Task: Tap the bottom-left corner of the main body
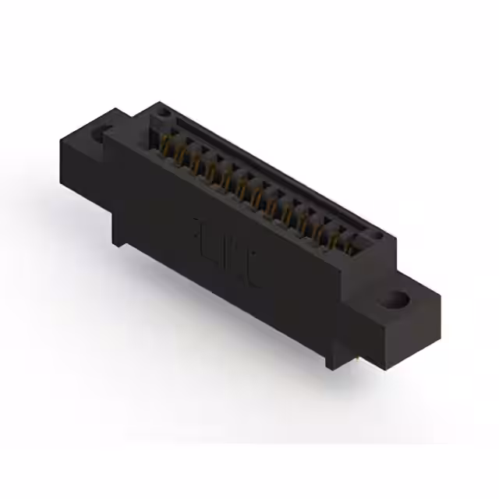click(116, 242)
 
